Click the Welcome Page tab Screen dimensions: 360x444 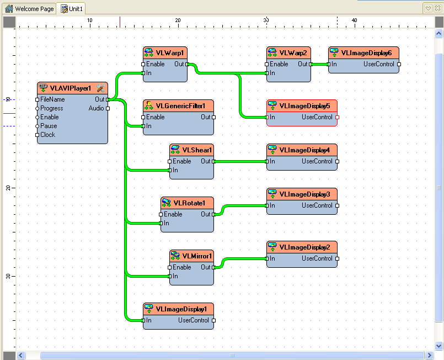click(x=30, y=9)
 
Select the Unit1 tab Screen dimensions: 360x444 click(x=72, y=9)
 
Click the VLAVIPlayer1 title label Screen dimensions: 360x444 click(x=70, y=88)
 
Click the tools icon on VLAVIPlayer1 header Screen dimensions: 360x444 click(x=100, y=88)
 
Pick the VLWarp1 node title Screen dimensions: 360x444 click(x=169, y=53)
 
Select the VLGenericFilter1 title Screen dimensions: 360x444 click(x=180, y=106)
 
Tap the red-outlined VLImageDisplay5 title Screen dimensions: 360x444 click(x=304, y=106)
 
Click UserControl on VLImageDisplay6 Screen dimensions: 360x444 click(x=379, y=64)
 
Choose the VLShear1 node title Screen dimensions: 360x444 click(x=197, y=150)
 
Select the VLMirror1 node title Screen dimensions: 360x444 click(x=197, y=256)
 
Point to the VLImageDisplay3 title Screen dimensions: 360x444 click(x=304, y=194)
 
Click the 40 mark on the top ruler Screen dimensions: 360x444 click(x=355, y=20)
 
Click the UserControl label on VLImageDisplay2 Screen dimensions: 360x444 click(x=317, y=258)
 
